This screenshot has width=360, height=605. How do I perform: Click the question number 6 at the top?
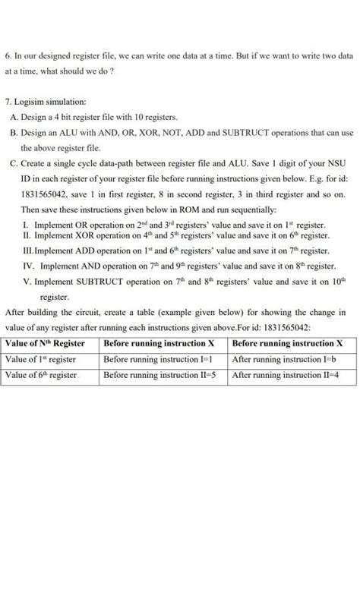tap(8, 56)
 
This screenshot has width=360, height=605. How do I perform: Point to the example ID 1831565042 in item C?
tap(47, 194)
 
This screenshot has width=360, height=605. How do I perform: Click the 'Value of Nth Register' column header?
tap(45, 343)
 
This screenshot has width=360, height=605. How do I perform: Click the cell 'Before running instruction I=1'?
tap(157, 359)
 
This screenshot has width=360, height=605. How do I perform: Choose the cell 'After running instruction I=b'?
tap(285, 359)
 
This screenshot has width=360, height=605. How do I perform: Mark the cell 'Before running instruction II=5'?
tap(159, 375)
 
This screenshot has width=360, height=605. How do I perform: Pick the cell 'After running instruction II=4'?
tap(286, 375)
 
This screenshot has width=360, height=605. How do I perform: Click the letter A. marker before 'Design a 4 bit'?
tap(15, 117)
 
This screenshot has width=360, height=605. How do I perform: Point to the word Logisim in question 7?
tap(30, 101)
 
